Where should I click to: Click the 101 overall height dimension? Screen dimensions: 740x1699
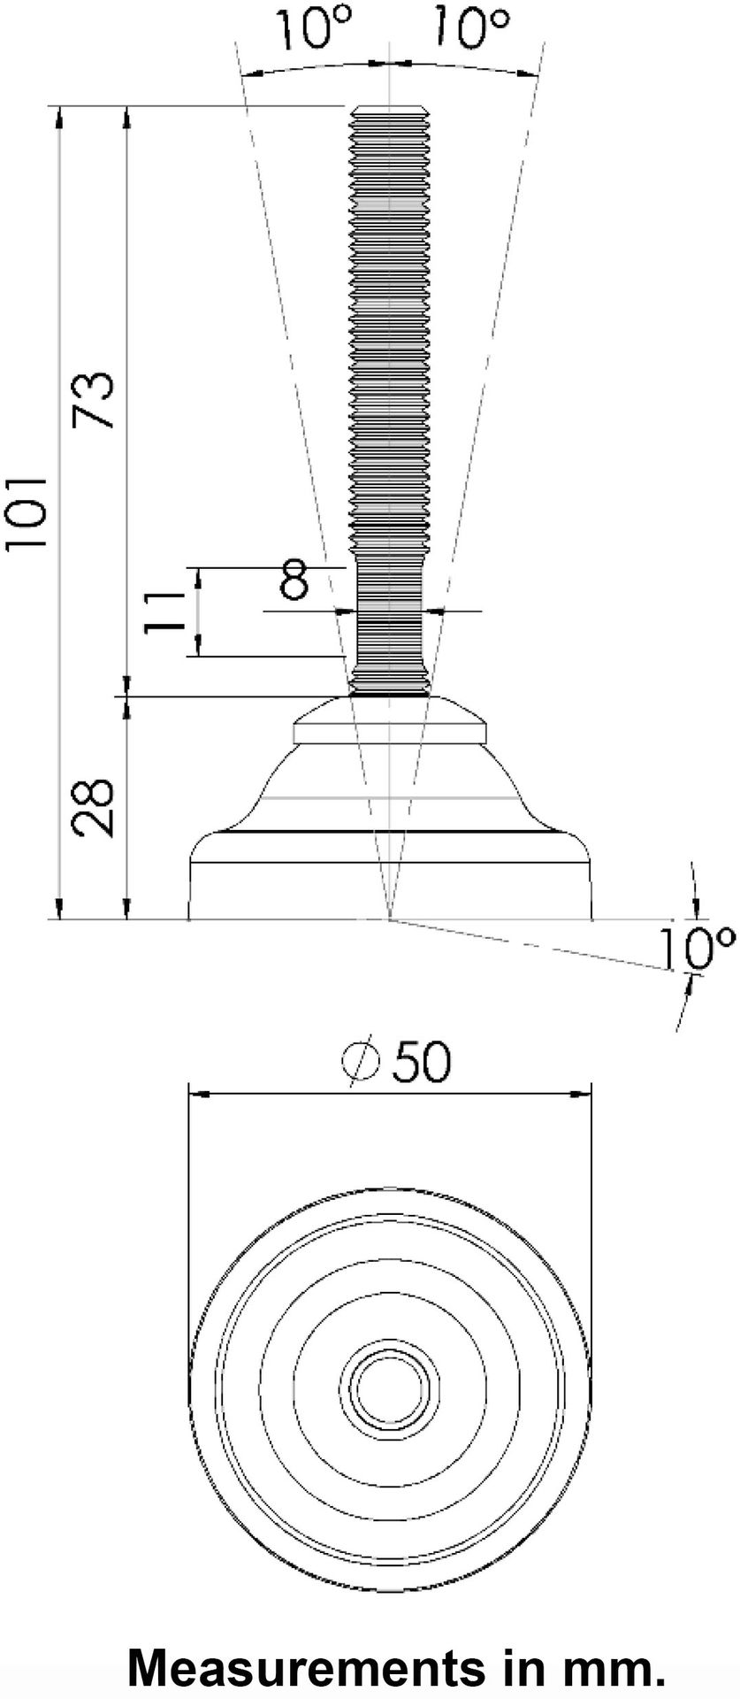coord(27,512)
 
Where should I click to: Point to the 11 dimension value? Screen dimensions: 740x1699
coord(164,611)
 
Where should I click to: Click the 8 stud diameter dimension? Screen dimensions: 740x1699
coord(294,580)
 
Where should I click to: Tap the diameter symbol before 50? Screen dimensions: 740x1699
coord(362,1061)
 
